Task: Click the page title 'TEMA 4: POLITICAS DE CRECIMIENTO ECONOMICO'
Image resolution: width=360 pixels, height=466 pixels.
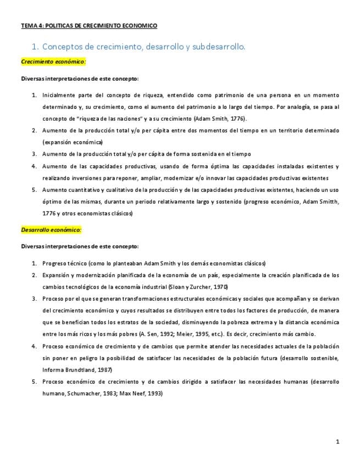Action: pos(89,25)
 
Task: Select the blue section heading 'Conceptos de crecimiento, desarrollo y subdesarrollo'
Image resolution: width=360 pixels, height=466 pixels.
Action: pos(143,47)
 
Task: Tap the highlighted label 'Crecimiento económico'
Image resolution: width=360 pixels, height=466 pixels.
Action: pos(53,62)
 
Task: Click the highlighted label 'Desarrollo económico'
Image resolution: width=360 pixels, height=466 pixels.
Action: pos(51,229)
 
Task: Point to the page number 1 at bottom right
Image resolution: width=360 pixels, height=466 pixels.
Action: pos(337,441)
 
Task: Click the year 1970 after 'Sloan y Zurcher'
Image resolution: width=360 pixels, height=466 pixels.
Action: pos(220,287)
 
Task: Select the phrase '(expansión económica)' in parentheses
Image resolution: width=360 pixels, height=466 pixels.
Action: pos(68,142)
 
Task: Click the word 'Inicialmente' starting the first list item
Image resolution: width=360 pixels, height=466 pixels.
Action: pos(58,95)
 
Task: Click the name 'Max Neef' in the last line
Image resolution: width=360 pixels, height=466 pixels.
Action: pos(135,393)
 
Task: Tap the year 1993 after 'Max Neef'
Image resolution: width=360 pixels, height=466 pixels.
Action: pos(154,393)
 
